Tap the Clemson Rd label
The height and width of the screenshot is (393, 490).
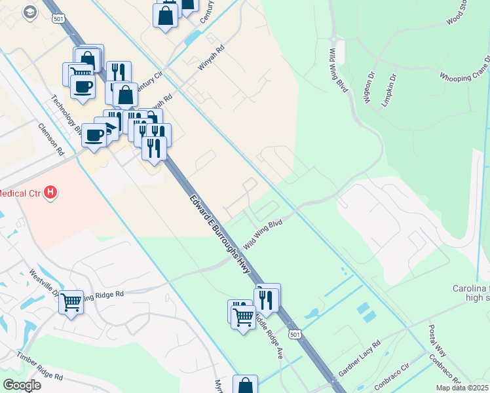tap(50, 140)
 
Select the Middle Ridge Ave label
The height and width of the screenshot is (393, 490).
tap(269, 335)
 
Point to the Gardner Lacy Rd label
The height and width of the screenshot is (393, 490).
tap(360, 360)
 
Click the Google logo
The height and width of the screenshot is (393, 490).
tap(22, 385)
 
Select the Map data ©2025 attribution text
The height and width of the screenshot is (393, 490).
tap(462, 388)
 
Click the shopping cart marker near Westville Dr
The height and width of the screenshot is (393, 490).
tap(71, 302)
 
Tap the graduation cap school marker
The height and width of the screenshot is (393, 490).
tap(29, 12)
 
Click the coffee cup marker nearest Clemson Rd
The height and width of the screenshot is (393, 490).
tap(94, 135)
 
